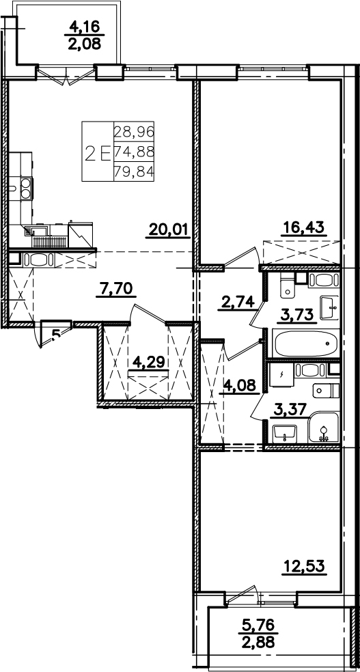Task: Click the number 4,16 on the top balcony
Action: pos(85,27)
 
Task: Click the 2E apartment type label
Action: pos(98,152)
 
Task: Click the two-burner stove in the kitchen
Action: pos(26,188)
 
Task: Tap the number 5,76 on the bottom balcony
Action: pos(258,626)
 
